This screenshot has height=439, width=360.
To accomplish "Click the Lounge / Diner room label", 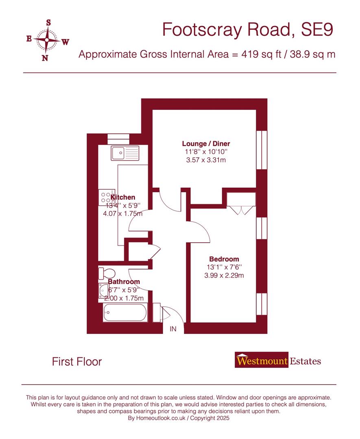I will point(206,144).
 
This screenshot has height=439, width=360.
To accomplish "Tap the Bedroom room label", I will point(224,259).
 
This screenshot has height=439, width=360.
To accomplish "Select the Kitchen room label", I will point(123,198).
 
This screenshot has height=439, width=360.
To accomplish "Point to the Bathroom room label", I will point(124,282).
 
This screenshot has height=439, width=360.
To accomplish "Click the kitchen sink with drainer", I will point(125,153).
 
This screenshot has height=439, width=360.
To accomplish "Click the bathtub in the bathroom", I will point(124,313).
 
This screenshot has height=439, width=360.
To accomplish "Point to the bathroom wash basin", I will point(103,291).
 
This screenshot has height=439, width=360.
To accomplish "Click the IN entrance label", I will point(173,329).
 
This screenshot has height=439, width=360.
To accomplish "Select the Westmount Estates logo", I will point(278,361).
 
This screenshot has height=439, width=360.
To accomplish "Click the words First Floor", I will point(77,361).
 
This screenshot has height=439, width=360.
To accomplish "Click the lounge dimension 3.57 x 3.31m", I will point(206,160).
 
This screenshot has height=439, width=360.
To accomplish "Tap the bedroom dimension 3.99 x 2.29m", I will point(224,276).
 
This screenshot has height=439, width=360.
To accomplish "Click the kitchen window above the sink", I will point(118,139).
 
